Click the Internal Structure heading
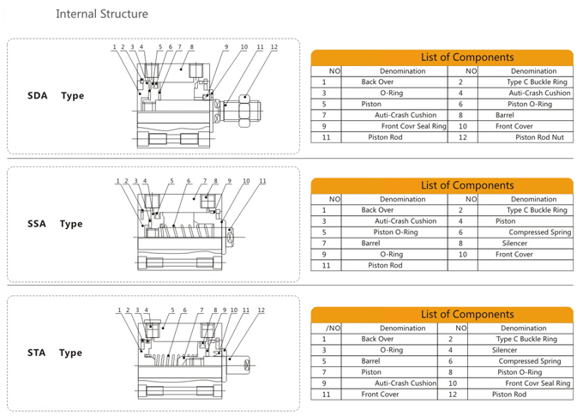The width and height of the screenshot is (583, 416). (102, 14)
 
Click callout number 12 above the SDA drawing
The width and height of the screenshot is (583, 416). (274, 47)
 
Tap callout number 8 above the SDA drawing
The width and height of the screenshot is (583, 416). (191, 47)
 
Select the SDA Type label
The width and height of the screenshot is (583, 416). (56, 95)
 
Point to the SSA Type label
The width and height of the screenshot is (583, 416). (55, 224)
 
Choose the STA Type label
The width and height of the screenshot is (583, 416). (55, 353)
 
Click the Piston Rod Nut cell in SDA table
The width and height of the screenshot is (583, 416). (539, 137)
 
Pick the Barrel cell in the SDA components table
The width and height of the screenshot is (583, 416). (504, 115)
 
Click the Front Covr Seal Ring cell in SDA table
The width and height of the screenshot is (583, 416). (413, 126)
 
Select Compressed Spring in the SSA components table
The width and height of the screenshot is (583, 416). (540, 232)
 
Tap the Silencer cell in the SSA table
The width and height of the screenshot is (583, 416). (514, 244)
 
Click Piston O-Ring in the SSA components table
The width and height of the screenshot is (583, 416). (395, 232)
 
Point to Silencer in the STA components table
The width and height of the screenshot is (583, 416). (504, 350)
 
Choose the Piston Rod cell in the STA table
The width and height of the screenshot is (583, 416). (509, 395)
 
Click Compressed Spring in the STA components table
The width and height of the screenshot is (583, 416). (530, 361)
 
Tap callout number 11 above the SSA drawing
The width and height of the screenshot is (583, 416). (262, 181)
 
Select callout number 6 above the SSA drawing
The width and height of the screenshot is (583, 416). (189, 181)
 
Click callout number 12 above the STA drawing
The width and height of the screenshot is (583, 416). (261, 310)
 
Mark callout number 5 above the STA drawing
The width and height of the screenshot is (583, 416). (172, 310)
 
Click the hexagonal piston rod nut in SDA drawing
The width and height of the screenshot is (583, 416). (243, 111)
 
